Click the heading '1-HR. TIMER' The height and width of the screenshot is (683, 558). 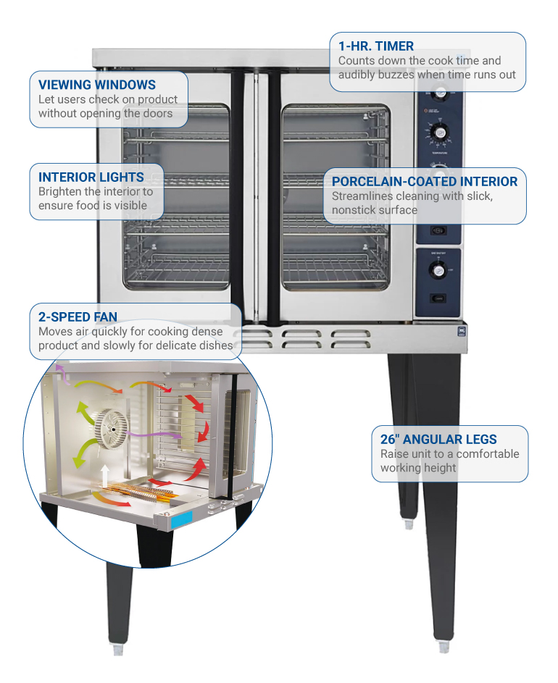pos(376,46)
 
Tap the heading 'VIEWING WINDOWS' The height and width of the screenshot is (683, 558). pos(96,85)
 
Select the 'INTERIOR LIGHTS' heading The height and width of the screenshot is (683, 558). pos(91,177)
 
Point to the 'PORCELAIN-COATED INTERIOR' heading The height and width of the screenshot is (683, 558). pos(425,181)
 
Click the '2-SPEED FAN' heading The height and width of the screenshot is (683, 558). pos(78,317)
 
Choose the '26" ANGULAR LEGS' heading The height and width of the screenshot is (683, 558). pos(438,440)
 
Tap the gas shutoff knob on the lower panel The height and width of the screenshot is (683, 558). pos(437,269)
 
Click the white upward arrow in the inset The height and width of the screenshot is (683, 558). pos(105,474)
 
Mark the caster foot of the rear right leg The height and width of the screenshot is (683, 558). pos(409,523)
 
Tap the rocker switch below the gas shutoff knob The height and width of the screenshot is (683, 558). pos(437,298)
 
